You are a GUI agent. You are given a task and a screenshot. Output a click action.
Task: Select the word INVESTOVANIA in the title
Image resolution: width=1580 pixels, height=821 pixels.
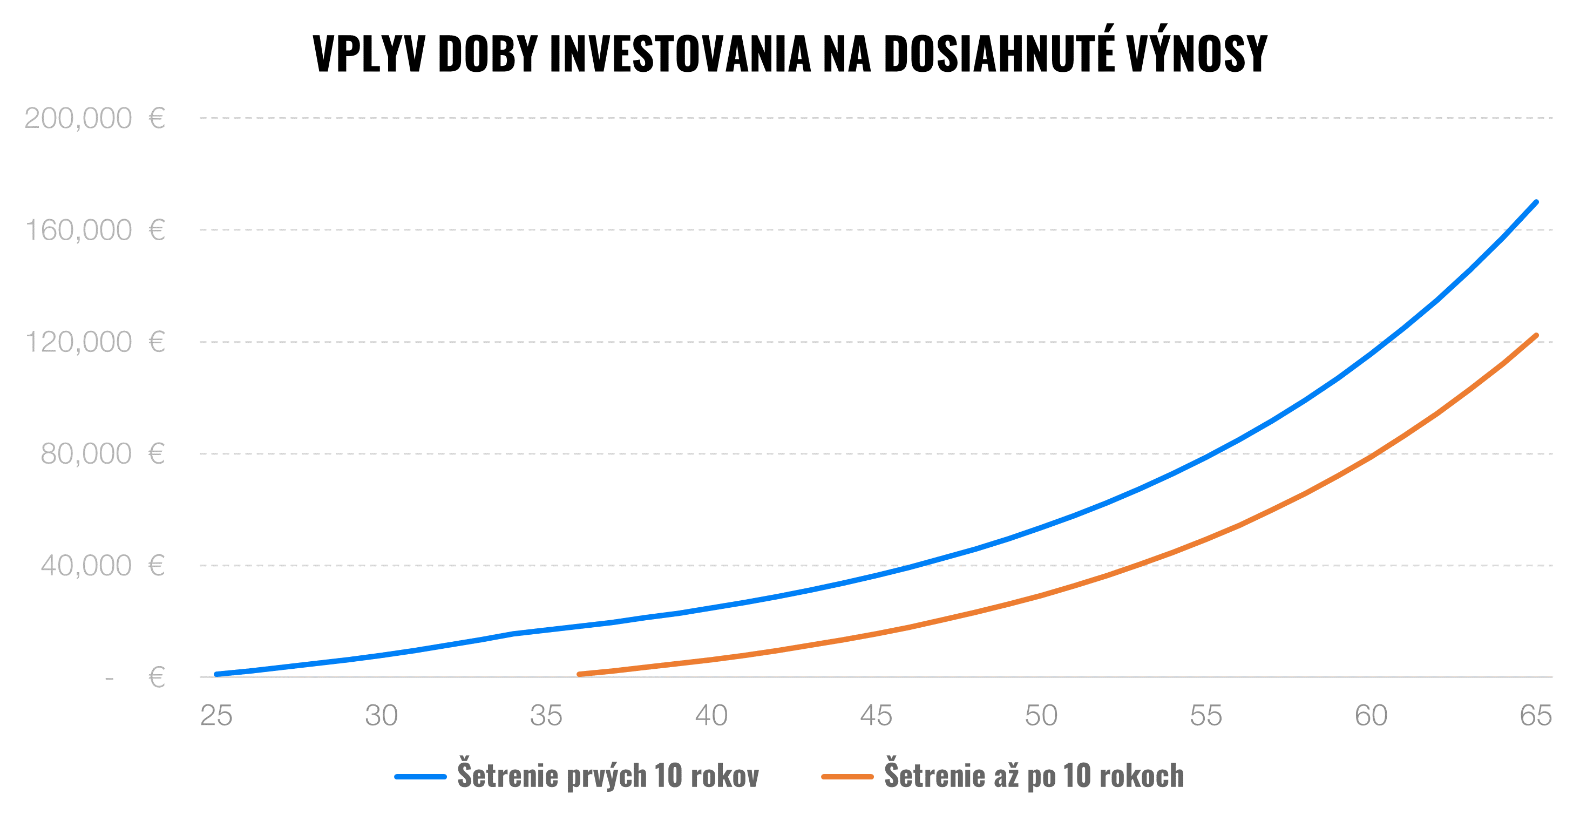[x=680, y=54]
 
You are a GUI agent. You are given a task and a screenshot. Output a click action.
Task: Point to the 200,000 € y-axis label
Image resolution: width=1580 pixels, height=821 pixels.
[x=94, y=118]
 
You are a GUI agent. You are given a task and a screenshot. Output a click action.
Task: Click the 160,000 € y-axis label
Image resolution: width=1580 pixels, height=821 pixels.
[x=94, y=230]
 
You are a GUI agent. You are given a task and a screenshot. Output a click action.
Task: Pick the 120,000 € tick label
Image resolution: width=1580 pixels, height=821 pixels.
[x=94, y=342]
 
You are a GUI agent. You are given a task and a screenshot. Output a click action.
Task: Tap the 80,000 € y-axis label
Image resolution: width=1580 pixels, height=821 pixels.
[x=103, y=454]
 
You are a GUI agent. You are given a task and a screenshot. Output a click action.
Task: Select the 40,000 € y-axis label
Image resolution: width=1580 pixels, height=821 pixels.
[x=103, y=566]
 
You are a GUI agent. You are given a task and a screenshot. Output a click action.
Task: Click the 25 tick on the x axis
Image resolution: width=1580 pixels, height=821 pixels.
[x=216, y=716]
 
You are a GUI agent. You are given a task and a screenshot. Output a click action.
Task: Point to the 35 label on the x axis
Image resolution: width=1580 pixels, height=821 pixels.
[x=546, y=716]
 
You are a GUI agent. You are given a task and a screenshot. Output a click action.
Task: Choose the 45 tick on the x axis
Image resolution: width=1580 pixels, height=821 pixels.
[x=876, y=716]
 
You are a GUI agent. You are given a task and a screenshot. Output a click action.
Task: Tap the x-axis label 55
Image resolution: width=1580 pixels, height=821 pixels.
[x=1206, y=716]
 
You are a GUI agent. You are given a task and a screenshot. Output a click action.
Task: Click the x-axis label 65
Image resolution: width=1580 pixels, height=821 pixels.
[x=1536, y=716]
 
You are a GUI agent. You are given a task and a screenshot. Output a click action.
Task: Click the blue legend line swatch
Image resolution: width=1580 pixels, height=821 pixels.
[x=420, y=777]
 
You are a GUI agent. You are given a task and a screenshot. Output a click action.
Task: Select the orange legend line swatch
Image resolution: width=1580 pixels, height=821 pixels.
[x=847, y=777]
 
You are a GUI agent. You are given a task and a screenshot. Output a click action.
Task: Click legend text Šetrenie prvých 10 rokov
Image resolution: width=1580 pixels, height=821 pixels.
[x=608, y=776]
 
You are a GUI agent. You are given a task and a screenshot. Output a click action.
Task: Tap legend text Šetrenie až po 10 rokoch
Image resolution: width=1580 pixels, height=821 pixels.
[x=1034, y=776]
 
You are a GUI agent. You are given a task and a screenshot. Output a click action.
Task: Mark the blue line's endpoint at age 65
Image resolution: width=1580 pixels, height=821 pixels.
[x=1536, y=202]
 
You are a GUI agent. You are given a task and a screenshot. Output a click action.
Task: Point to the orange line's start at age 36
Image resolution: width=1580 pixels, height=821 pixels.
[x=580, y=674]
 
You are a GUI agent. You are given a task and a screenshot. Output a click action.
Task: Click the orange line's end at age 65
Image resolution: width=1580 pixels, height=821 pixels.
[x=1536, y=336]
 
